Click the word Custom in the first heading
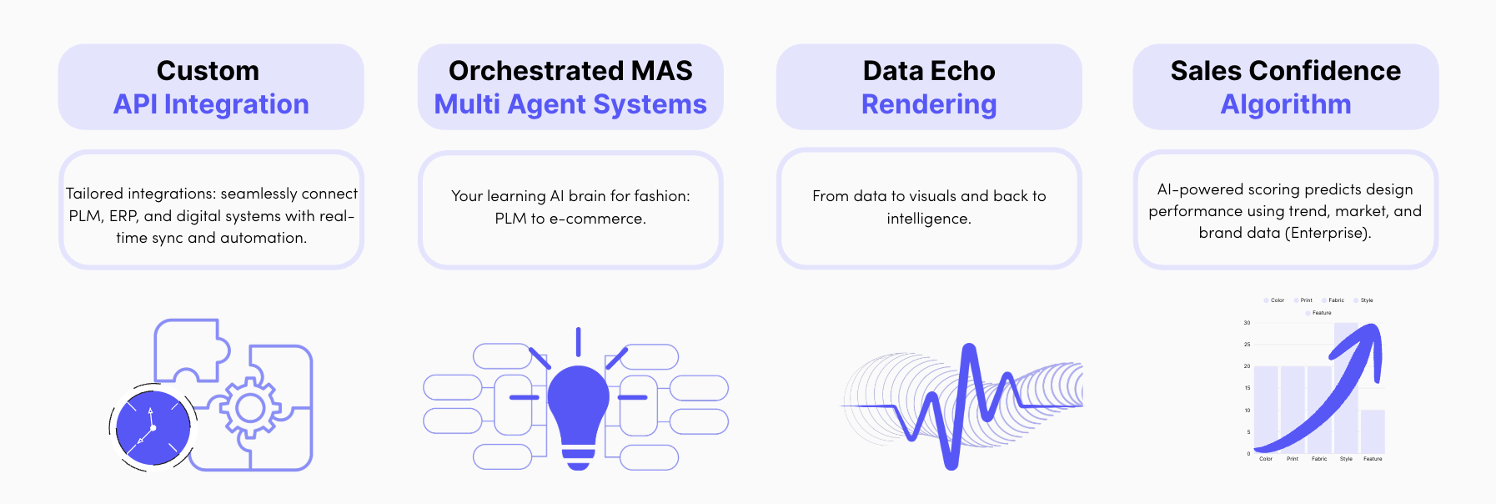208,71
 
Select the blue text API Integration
211,104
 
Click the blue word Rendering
929,104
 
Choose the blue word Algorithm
1285,104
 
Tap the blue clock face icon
153,428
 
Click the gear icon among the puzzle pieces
249,408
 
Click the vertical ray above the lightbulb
578,341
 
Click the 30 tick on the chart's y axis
1247,323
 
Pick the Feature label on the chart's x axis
1373,459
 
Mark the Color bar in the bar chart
1266,409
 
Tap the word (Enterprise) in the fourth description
1328,234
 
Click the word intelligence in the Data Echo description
928,219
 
